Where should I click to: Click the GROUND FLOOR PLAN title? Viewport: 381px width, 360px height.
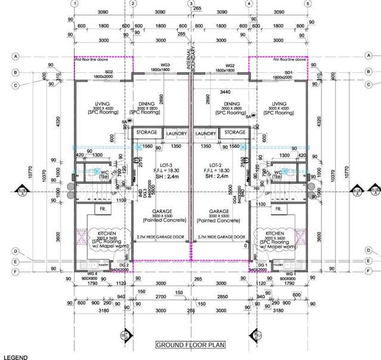pos(191,345)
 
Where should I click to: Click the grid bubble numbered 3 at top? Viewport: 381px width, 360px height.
pos(191,3)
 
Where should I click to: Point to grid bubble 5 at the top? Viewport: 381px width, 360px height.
pos(308,3)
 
